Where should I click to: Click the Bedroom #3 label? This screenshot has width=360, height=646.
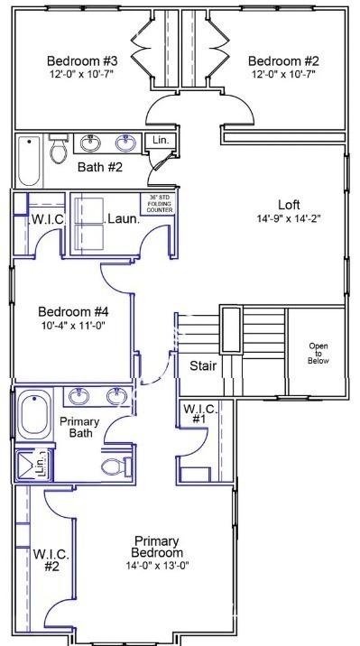[82, 61]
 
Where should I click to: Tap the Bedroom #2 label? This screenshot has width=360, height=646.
[283, 61]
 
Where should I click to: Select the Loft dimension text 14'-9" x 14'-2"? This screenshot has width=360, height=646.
[289, 218]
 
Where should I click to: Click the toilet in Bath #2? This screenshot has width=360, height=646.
[58, 148]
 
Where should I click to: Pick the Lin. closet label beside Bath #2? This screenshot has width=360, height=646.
[161, 140]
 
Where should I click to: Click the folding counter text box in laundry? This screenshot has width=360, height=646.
[157, 204]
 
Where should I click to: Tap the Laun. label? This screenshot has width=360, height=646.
[123, 219]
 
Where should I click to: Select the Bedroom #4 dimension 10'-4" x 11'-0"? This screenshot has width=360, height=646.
[74, 326]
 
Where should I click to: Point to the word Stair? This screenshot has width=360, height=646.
[203, 365]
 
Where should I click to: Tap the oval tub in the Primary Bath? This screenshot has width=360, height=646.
[34, 417]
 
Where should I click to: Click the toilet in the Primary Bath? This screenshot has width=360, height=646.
[115, 466]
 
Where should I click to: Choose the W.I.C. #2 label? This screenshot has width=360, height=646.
[51, 559]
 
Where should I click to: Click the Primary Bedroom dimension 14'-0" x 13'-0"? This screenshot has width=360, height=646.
[157, 565]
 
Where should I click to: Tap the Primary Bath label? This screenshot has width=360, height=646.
[79, 428]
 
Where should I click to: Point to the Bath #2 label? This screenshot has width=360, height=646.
[100, 167]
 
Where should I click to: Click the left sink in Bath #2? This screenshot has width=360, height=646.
[90, 143]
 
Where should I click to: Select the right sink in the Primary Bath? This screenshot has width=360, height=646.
[116, 396]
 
